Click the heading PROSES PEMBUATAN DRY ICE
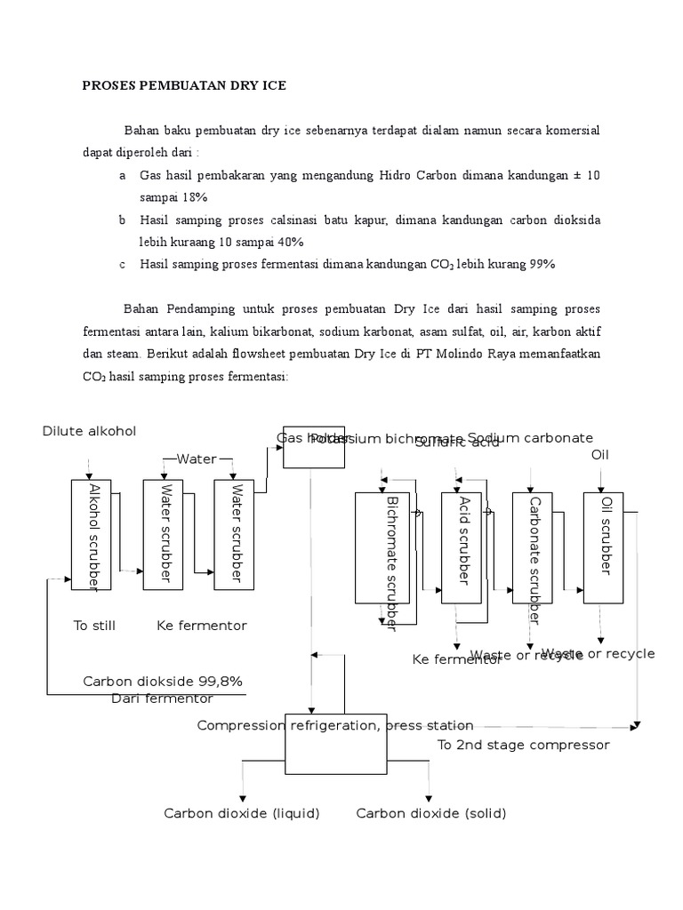click(185, 86)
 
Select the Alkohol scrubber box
click(92, 534)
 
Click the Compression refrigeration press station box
click(335, 742)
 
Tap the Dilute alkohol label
click(89, 431)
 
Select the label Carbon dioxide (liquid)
click(241, 813)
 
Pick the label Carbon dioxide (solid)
click(431, 813)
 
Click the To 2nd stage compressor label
click(523, 745)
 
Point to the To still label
click(94, 626)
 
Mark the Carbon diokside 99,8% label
click(163, 681)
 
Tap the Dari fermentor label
click(162, 698)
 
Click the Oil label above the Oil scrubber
click(602, 455)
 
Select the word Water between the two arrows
click(197, 459)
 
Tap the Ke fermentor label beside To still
click(202, 626)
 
